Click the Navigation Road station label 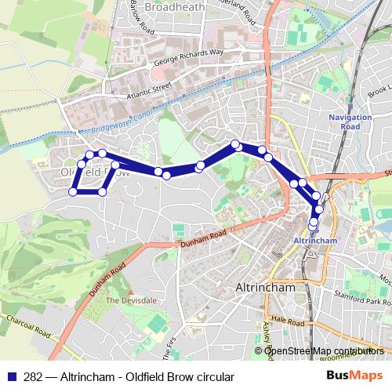(344, 122)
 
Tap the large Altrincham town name (265, 288)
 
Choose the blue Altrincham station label (314, 239)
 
